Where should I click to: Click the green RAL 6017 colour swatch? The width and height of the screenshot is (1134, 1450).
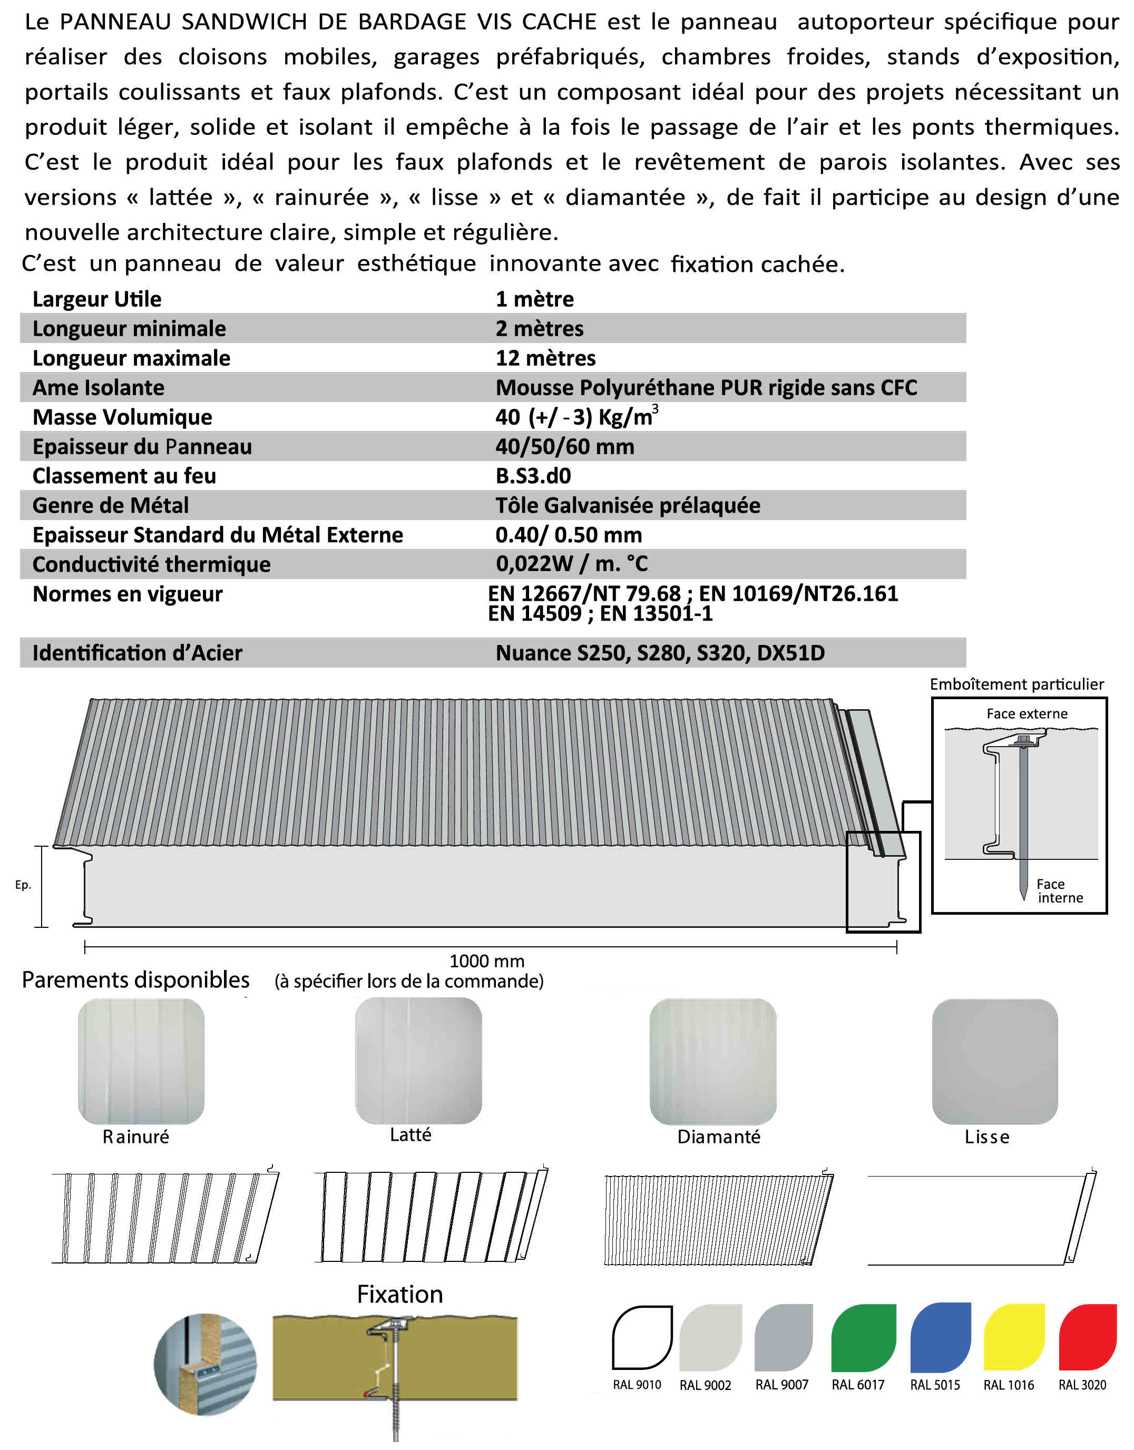pos(863,1337)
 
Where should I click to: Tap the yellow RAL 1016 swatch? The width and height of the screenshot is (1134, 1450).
pos(1014,1337)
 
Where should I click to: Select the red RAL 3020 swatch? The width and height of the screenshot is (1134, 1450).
pos(1088,1337)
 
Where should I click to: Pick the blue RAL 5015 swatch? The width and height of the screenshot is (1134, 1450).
pos(940,1337)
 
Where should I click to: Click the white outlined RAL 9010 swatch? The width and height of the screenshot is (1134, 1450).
pos(642,1337)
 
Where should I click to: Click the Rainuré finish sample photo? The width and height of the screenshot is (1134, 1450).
pos(141,1061)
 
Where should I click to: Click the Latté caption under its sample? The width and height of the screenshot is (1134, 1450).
pos(410,1134)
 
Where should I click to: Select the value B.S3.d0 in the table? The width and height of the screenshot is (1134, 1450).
pos(533,476)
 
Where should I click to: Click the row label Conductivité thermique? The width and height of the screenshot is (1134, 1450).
pos(151,564)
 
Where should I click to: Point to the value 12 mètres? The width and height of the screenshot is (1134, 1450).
pos(545,358)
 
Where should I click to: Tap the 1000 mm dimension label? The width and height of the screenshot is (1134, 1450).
pos(487,961)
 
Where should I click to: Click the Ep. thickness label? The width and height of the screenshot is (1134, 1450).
pos(23,884)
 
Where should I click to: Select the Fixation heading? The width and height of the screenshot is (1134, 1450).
pos(399,1294)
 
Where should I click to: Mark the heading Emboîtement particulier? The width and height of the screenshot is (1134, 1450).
pos(1016,684)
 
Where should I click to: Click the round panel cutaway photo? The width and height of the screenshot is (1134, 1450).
pos(205,1364)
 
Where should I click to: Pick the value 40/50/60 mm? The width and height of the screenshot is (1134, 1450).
pos(564,447)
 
